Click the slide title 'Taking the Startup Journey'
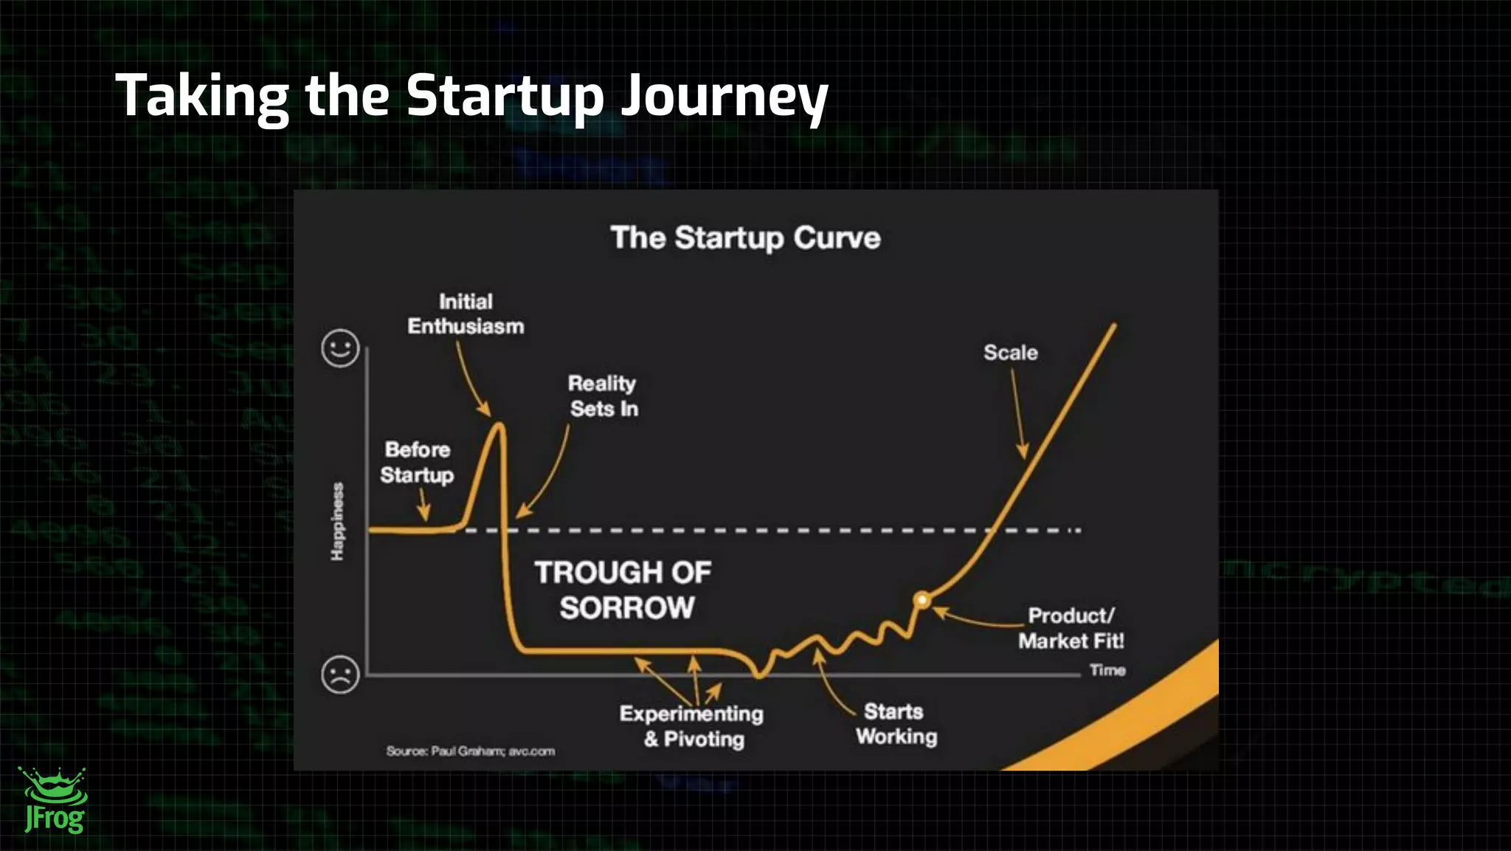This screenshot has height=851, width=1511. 471,96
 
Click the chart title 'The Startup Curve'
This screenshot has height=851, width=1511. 745,238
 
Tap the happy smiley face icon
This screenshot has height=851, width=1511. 340,348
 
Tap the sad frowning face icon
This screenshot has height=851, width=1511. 340,674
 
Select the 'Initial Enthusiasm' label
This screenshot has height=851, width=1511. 466,314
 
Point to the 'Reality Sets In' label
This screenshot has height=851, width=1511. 603,396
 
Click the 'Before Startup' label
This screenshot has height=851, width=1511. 417,462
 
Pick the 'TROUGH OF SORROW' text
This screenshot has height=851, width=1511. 623,590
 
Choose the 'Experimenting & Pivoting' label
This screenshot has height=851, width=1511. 692,726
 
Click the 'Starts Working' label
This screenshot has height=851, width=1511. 896,724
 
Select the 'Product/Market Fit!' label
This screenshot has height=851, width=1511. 1071,628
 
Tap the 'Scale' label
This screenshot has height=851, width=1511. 1010,353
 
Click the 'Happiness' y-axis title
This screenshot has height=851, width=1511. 337,521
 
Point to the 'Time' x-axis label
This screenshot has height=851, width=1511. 1107,670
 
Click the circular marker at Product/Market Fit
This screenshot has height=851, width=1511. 922,600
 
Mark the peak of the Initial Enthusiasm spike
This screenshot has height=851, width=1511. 500,425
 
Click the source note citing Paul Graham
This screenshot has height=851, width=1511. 470,751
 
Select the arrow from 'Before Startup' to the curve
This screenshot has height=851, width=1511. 423,506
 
